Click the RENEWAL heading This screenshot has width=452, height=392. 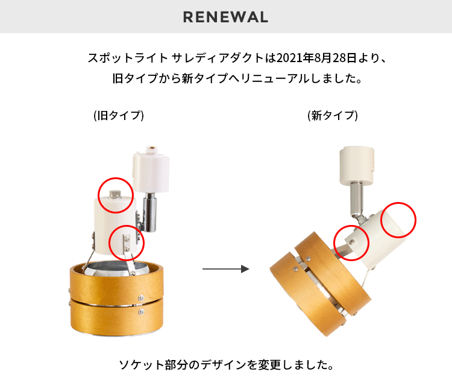coord(225,17)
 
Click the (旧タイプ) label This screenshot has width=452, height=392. coord(119,115)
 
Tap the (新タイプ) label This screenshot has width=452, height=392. coord(333,115)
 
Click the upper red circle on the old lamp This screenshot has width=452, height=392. coord(115,195)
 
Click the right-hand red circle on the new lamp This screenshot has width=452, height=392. coord(398,219)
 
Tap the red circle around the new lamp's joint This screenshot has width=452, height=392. coord(351,242)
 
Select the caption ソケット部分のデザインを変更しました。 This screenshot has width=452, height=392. coord(225,365)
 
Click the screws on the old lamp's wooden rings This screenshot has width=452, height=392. coord(141,305)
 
